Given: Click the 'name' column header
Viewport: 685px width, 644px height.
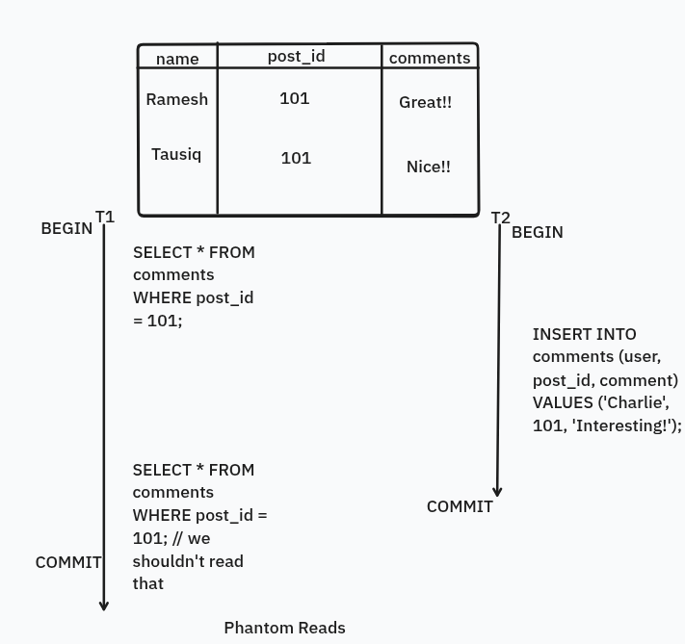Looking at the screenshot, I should point(177,59).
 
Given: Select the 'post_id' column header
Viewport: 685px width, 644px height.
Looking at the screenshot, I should point(296,56).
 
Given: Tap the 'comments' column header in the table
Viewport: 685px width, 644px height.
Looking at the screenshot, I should point(430,58).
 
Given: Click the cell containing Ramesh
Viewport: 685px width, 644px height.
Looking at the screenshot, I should point(176,99).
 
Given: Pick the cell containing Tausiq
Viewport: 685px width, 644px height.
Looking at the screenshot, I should point(176,154).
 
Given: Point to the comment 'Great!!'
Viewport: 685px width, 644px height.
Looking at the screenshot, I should point(425,102).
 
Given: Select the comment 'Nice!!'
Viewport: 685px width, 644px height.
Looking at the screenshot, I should point(429,167).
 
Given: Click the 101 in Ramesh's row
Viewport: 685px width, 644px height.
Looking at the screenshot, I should point(294,98).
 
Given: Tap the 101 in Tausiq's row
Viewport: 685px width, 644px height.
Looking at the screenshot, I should point(296,158).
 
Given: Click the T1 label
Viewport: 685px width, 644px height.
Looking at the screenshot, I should point(105,217).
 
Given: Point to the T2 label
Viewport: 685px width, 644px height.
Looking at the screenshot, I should point(500,218).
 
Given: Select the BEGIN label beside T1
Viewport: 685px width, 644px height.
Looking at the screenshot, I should point(66,228).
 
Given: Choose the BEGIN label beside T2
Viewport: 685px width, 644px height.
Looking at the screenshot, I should point(537,232).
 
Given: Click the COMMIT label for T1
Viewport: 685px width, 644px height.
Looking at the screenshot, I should point(68,562).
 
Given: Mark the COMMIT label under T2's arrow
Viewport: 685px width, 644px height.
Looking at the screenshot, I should point(460,506).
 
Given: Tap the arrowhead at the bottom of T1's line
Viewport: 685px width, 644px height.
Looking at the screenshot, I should point(104,605).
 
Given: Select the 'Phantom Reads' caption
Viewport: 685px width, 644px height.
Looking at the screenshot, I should point(284,628).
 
